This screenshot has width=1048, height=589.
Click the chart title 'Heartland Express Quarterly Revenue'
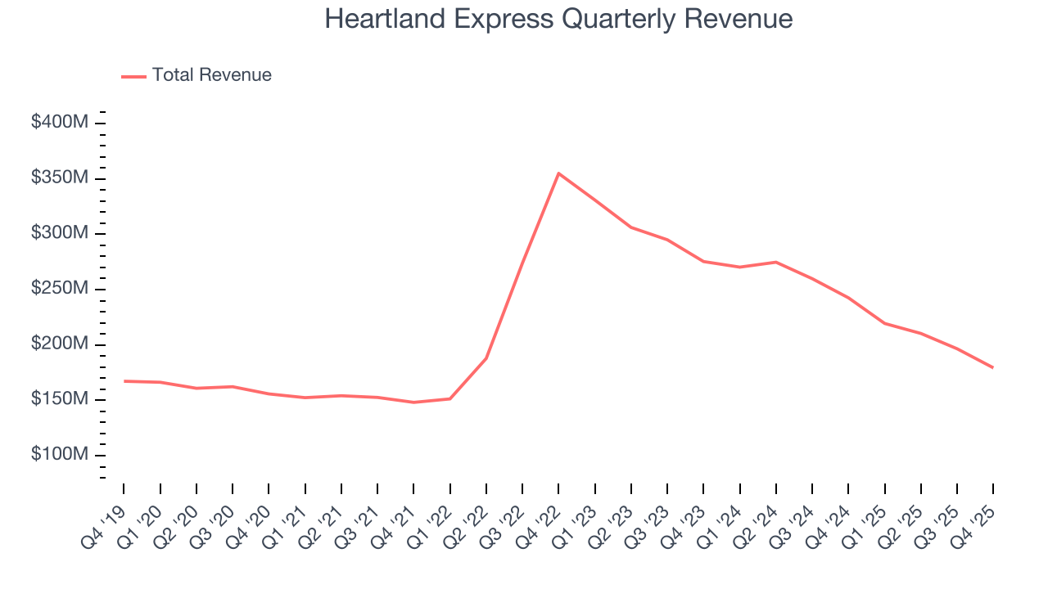[x=558, y=19]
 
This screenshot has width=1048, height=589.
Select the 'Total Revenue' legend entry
[x=211, y=75]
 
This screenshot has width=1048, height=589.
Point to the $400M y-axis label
[x=60, y=123]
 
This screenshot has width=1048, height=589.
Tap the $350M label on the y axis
[x=60, y=178]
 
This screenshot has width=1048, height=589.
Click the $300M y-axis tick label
[x=60, y=233]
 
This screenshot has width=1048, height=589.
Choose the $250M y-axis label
[x=60, y=289]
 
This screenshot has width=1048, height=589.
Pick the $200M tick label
[x=60, y=344]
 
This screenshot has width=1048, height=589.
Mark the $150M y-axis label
[x=60, y=399]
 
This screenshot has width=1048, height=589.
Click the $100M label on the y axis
[x=60, y=455]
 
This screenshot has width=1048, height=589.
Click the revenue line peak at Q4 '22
[x=558, y=173]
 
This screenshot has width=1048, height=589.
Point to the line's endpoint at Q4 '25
[x=993, y=367]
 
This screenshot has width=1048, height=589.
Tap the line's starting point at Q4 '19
[x=124, y=381]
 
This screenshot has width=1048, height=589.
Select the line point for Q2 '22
[x=486, y=358]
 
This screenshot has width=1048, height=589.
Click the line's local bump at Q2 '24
[x=775, y=262]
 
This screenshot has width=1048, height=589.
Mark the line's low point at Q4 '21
[x=413, y=402]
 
